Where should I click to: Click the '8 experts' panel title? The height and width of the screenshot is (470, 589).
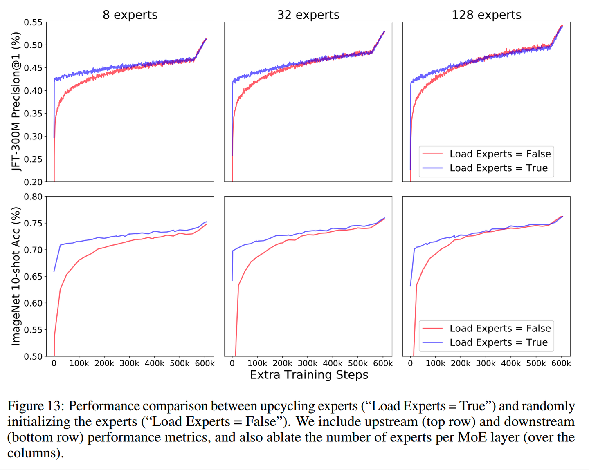coord(130,15)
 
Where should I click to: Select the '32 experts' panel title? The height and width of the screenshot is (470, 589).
coord(308,15)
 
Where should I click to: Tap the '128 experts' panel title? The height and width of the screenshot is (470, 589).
coord(486,15)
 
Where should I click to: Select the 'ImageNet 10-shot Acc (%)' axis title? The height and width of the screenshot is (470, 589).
coord(16,276)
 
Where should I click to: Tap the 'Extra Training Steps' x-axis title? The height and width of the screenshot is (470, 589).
coord(309,375)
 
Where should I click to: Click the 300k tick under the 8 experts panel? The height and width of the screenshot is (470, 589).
coord(129,363)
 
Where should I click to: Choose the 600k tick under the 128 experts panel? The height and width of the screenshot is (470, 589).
coord(561,363)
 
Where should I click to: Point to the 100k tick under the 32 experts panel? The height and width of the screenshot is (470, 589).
coord(257,363)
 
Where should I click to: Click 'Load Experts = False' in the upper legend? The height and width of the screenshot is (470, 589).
coord(500,154)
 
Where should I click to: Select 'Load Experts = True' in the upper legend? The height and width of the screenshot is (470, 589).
coord(498,168)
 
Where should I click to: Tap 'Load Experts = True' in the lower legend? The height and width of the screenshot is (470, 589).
coord(498,342)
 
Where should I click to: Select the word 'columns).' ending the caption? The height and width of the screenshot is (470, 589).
coord(36,453)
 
